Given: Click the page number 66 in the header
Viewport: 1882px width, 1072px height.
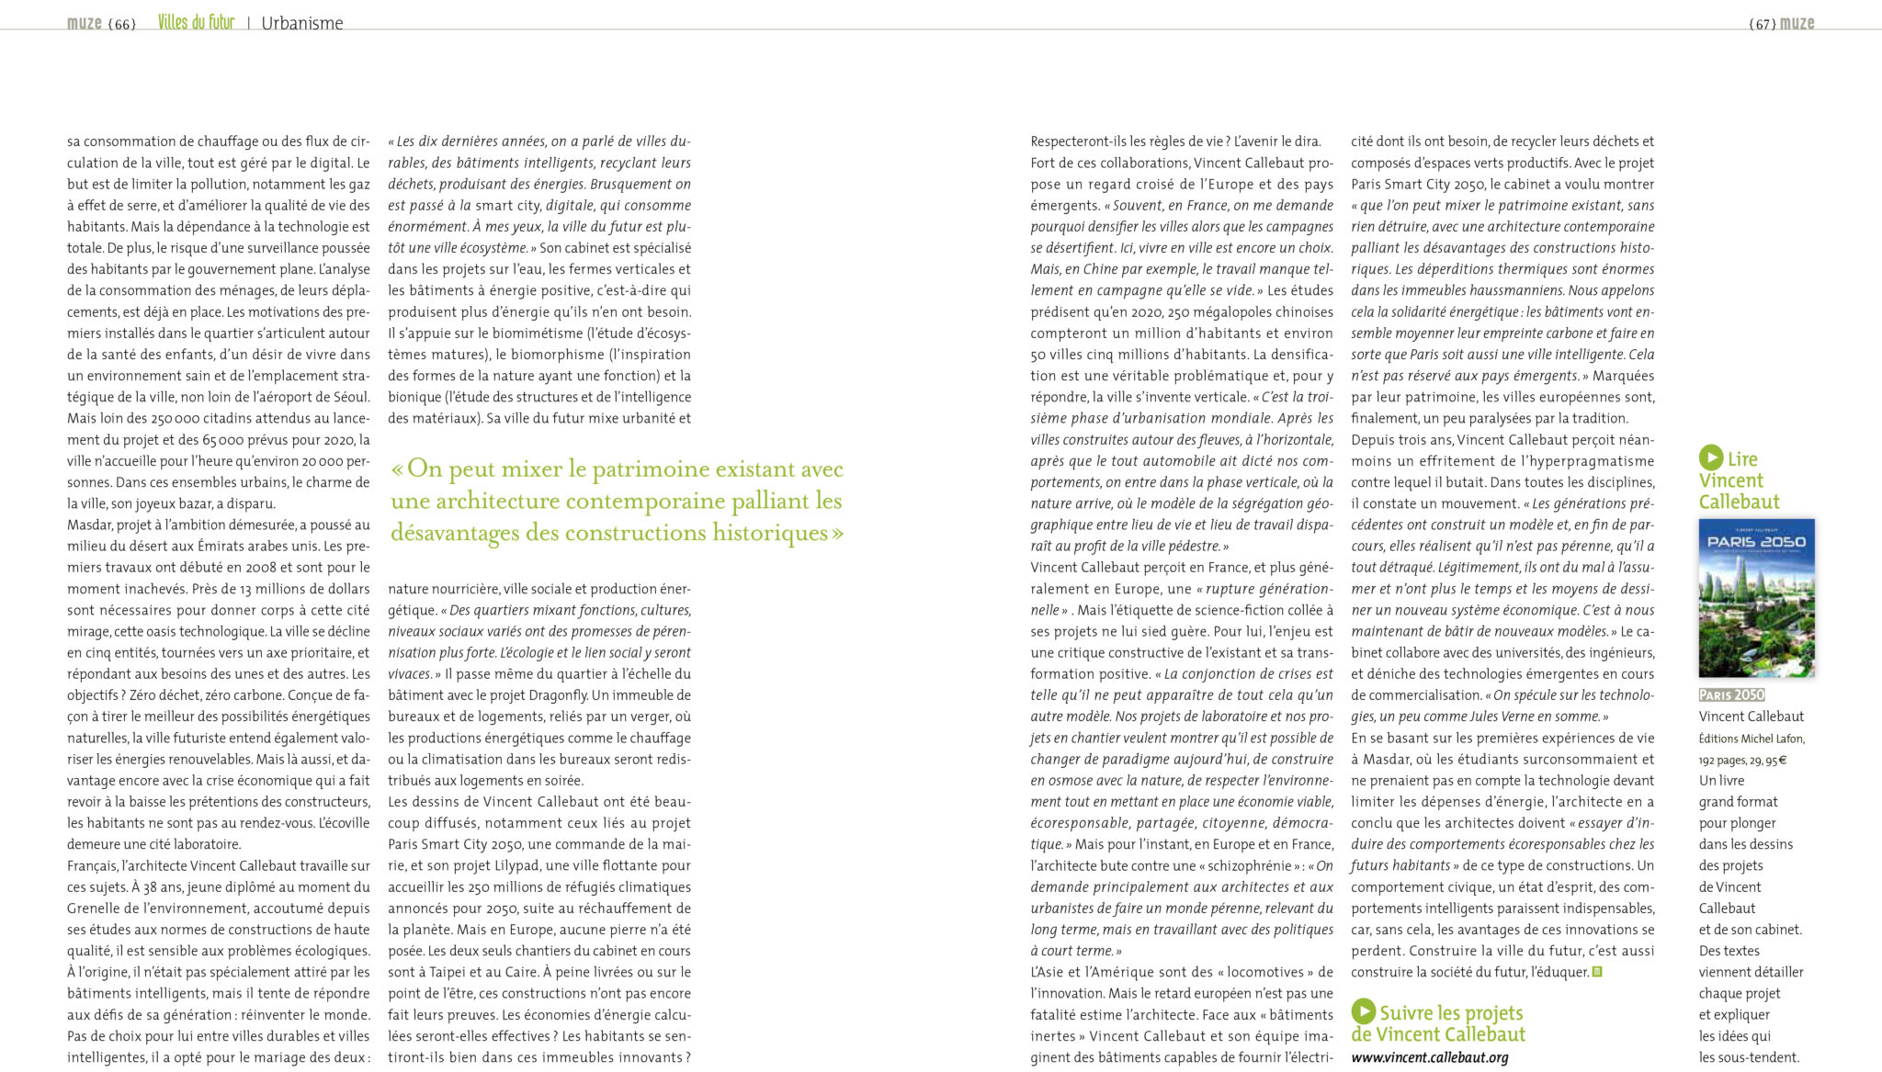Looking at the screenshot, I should tap(121, 24).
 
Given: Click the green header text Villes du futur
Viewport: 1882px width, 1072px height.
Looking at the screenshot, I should tap(196, 22).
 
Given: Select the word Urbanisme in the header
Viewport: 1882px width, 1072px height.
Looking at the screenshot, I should tap(301, 24).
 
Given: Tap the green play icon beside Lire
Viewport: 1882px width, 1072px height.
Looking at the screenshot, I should tap(1710, 457).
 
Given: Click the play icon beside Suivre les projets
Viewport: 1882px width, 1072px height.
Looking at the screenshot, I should tap(1363, 1011).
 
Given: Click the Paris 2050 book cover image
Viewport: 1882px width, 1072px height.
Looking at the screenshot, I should tap(1756, 598).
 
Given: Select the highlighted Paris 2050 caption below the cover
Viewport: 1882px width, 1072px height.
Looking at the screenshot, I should tap(1731, 694).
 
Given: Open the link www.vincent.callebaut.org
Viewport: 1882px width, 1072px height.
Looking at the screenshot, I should tap(1429, 1057).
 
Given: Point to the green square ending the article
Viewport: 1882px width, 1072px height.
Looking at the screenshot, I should tap(1597, 972).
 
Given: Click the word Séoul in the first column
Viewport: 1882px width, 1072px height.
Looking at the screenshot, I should tap(350, 397).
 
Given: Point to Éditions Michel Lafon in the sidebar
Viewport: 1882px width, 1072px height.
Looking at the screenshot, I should tap(1752, 739).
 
